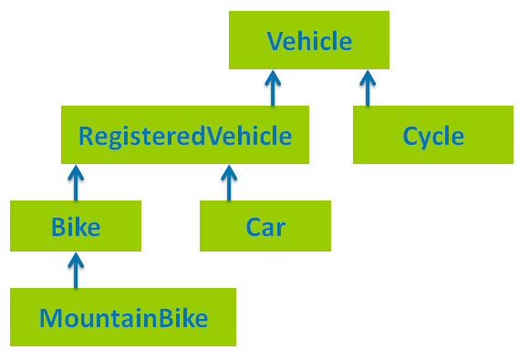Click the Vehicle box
[309, 40]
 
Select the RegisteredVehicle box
[185, 135]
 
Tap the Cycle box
[433, 135]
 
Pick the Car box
[265, 226]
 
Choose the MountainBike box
[123, 317]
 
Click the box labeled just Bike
[76, 226]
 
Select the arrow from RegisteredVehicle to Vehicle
[273, 87]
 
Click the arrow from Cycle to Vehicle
[368, 87]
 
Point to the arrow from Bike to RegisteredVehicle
[76, 182]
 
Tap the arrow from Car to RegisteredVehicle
[229, 182]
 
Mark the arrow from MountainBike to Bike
[76, 270]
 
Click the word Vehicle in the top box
[309, 41]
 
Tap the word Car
[265, 227]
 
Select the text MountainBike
[123, 318]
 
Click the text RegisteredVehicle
[185, 137]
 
